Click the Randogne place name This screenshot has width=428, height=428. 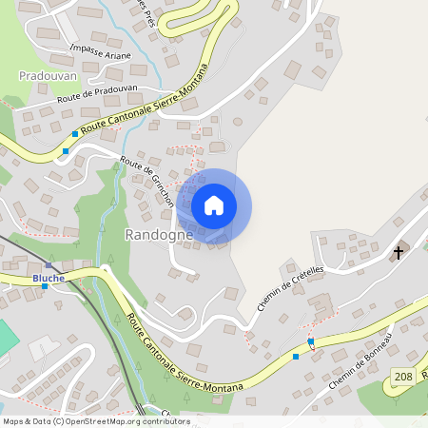pos(159,234)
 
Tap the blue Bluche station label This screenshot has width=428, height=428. pos(48,278)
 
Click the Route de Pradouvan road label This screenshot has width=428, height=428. pos(98,92)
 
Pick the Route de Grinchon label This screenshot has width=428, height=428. pos(146,180)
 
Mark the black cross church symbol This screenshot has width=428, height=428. pos(399,252)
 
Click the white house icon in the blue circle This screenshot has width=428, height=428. pos(214,205)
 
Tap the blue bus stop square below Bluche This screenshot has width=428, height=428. pos(45,286)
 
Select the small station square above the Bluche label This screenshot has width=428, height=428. pos(48,266)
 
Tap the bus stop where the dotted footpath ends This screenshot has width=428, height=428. pos(310,340)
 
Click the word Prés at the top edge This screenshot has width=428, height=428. pos(146,4)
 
